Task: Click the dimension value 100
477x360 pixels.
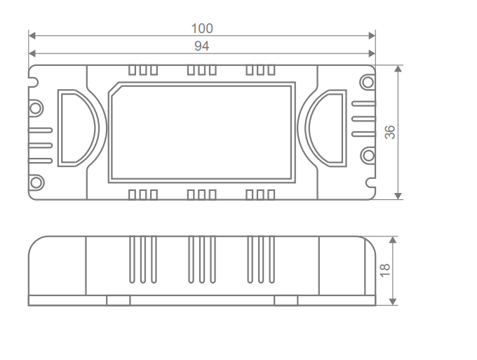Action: pos(202,29)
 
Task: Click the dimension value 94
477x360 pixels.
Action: pos(202,46)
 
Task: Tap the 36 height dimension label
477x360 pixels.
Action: pos(391,132)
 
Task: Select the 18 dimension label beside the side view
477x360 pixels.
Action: pos(384,270)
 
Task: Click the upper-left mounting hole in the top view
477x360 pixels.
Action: pos(36,108)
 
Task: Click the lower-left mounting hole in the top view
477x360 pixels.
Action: pos(36,182)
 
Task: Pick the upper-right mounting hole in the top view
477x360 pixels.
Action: pos(367,82)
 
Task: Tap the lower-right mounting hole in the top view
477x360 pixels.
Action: pos(367,156)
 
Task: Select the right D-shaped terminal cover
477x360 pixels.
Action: pos(328,127)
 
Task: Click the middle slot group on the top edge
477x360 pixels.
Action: pos(201,70)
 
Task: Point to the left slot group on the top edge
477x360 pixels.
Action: pos(143,70)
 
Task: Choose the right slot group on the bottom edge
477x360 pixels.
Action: pos(260,194)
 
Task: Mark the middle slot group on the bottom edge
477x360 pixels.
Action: pos(201,194)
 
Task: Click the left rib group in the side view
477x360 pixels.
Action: pos(143,260)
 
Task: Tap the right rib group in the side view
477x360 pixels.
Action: pos(260,260)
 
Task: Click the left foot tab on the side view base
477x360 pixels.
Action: pos(118,300)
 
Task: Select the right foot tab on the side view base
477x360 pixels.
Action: pos(285,300)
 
